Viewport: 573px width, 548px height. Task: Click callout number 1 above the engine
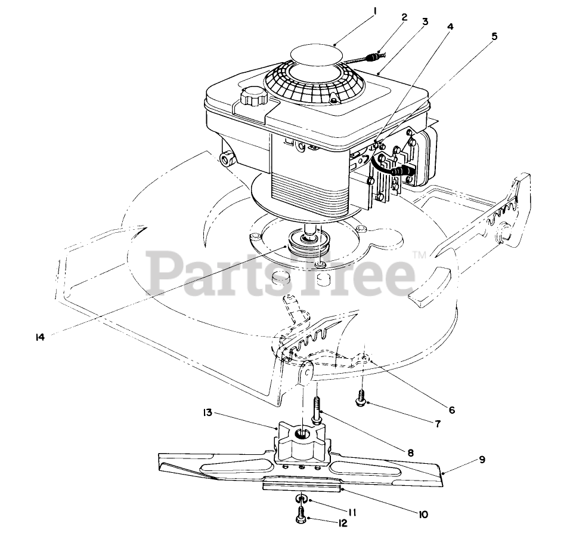point(374,12)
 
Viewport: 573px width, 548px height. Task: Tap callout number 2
point(404,17)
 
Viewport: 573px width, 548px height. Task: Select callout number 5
point(494,36)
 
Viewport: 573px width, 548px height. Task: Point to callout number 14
point(40,337)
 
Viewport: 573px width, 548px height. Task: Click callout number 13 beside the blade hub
point(207,412)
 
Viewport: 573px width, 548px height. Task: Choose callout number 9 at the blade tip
point(482,460)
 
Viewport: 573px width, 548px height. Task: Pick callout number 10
point(423,515)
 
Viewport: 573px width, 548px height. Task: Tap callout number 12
point(342,524)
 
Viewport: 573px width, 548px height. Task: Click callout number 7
point(437,424)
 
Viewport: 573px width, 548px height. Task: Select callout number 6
point(452,410)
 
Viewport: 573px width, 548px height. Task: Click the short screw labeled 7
point(361,397)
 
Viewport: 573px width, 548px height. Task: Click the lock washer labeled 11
point(302,498)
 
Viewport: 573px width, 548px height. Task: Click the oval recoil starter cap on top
point(317,54)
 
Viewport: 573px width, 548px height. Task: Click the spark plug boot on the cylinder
point(401,171)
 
